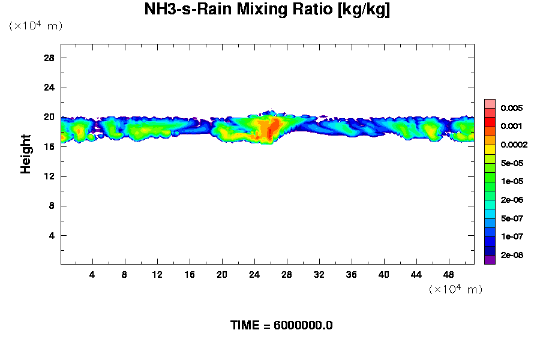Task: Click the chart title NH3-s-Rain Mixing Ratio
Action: pos(267,10)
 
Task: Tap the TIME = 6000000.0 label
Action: pos(281,326)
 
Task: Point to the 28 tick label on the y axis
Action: pos(49,58)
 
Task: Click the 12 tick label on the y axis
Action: pos(49,176)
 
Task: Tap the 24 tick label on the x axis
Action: pos(254,274)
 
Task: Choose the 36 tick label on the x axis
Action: pos(352,274)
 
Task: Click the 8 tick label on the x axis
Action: pos(125,274)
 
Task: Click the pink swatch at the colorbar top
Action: pos(490,103)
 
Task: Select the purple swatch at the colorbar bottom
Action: pos(490,260)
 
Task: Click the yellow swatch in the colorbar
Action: pos(490,149)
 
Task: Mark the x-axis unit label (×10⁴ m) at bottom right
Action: pos(456,289)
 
